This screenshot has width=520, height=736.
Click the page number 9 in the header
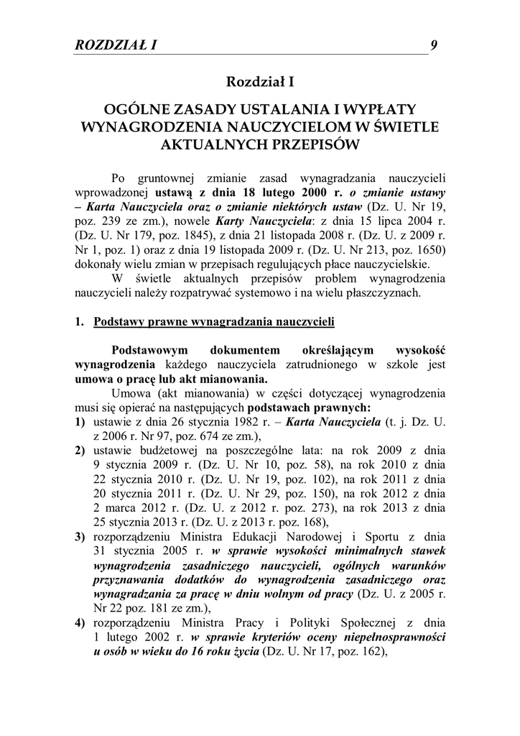pos(434,45)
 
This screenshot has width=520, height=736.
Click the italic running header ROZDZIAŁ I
pos(116,45)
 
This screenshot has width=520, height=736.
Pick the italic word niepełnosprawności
pos(394,637)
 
